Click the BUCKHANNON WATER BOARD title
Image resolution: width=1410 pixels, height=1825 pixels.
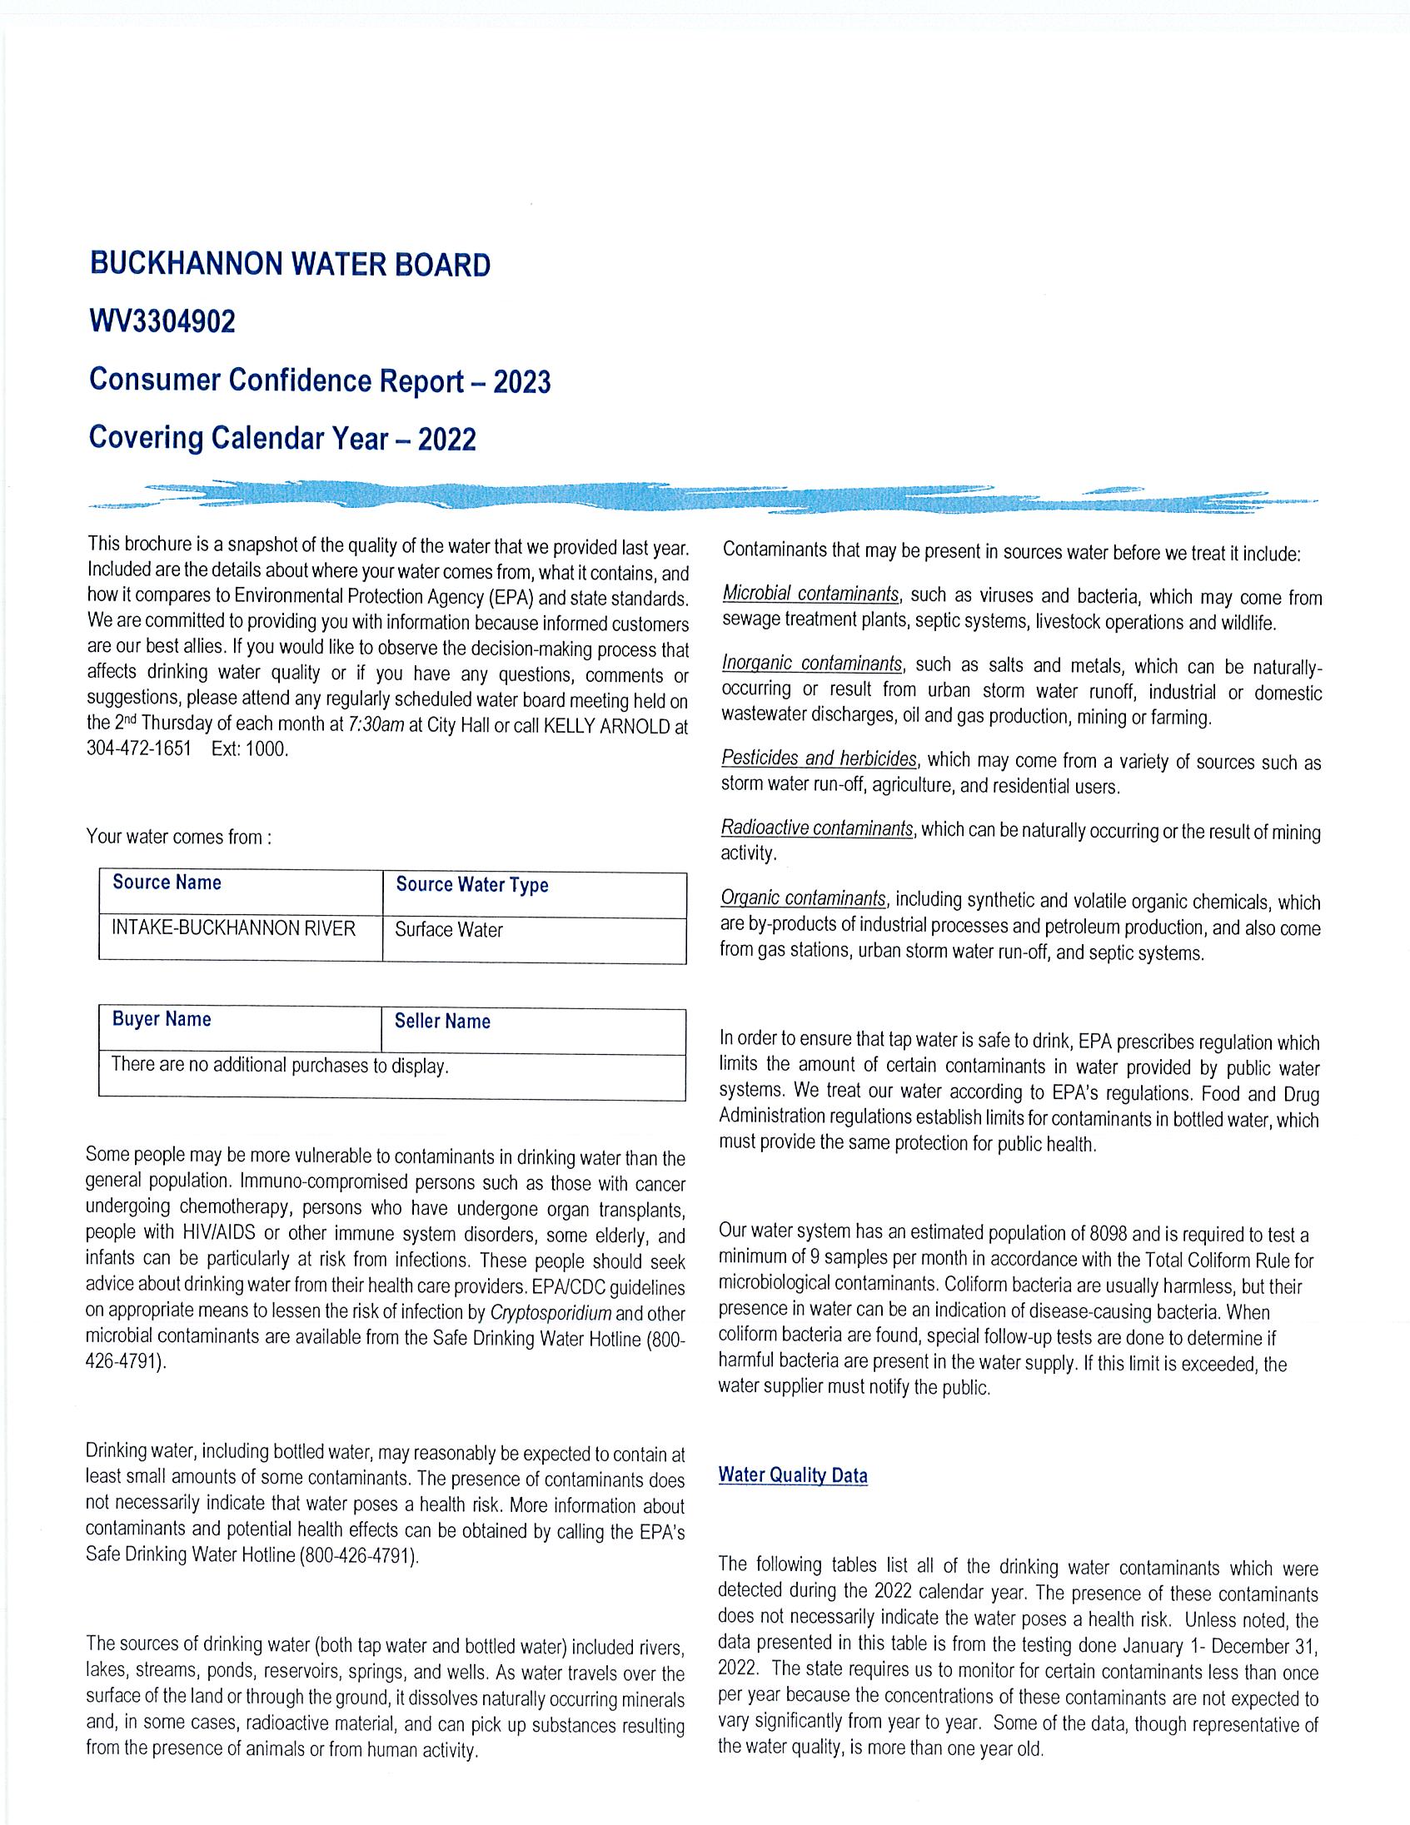pyautogui.click(x=289, y=265)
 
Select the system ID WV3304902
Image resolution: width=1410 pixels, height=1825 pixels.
pyautogui.click(x=162, y=321)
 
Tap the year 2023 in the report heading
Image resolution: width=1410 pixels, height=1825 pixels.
pyautogui.click(x=521, y=382)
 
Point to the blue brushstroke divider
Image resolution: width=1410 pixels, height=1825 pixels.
pyautogui.click(x=702, y=496)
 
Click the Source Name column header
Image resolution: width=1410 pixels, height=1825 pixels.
pyautogui.click(x=167, y=883)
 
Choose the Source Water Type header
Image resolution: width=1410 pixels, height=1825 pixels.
pyautogui.click(x=471, y=885)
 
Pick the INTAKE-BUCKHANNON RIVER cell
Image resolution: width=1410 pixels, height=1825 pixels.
pyautogui.click(x=233, y=928)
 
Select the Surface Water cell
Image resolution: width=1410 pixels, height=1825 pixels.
pyautogui.click(x=449, y=930)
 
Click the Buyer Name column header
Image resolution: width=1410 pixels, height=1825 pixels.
pyautogui.click(x=162, y=1019)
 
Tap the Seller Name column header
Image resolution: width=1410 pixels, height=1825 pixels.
pyautogui.click(x=442, y=1021)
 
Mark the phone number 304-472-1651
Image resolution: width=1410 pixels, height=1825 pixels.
pyautogui.click(x=139, y=748)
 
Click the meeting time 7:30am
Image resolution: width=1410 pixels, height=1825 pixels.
pyautogui.click(x=376, y=724)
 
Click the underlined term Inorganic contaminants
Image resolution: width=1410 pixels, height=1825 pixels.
pyautogui.click(x=812, y=664)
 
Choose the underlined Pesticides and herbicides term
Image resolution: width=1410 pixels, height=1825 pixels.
pyautogui.click(x=819, y=758)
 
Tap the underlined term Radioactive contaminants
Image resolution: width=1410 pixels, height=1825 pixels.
pyautogui.click(x=816, y=829)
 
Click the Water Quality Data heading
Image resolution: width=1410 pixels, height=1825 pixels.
pyautogui.click(x=792, y=1475)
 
